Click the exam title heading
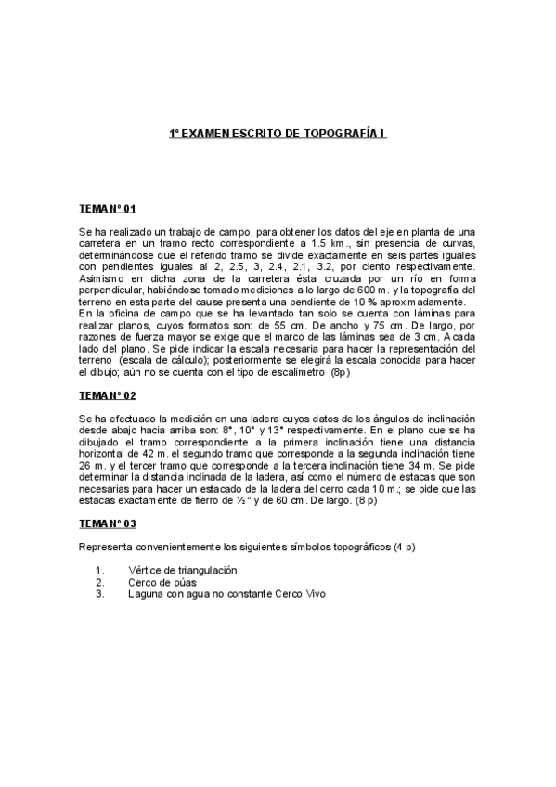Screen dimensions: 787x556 coord(278,135)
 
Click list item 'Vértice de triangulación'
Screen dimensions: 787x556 coord(183,569)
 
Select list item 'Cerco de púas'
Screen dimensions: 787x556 coord(162,582)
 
